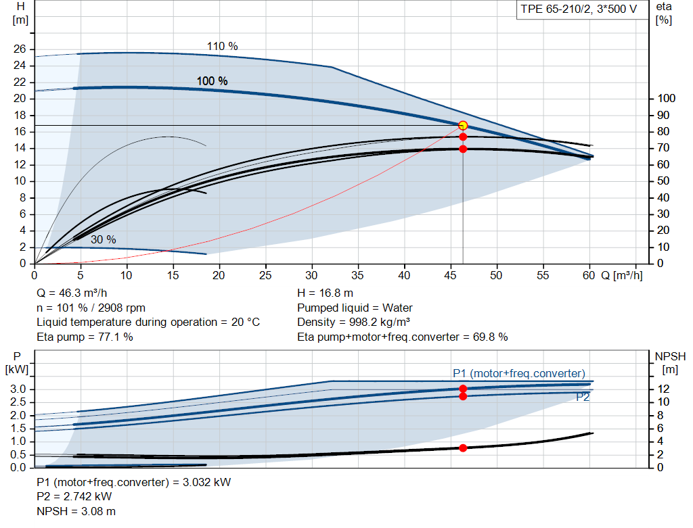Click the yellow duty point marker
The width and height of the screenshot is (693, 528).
tap(463, 125)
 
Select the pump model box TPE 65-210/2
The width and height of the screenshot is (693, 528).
tap(579, 9)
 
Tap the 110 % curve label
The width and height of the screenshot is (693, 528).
tap(222, 46)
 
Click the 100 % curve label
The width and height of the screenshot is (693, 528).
tap(212, 81)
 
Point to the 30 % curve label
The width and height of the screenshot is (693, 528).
tap(104, 239)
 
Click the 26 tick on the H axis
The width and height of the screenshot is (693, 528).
tap(20, 49)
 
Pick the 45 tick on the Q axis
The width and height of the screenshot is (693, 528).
tap(450, 275)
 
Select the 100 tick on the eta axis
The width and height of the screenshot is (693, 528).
tap(666, 99)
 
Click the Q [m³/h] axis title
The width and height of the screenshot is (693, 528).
tap(622, 275)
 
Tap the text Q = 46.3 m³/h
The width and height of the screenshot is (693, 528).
tap(72, 293)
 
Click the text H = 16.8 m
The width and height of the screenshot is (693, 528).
tap(326, 293)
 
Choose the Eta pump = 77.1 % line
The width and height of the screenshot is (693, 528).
tap(85, 337)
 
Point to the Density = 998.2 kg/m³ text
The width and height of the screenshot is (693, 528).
tap(353, 322)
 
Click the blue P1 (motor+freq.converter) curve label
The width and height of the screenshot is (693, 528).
tap(519, 373)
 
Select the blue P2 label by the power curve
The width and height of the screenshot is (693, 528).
tap(583, 398)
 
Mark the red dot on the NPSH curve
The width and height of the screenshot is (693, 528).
tap(463, 448)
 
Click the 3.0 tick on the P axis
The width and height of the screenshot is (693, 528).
tap(18, 389)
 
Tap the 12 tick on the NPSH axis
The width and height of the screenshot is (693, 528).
tap(663, 389)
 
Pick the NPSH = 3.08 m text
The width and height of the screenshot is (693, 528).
tap(76, 511)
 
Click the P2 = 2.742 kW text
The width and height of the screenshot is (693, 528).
tap(74, 497)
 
